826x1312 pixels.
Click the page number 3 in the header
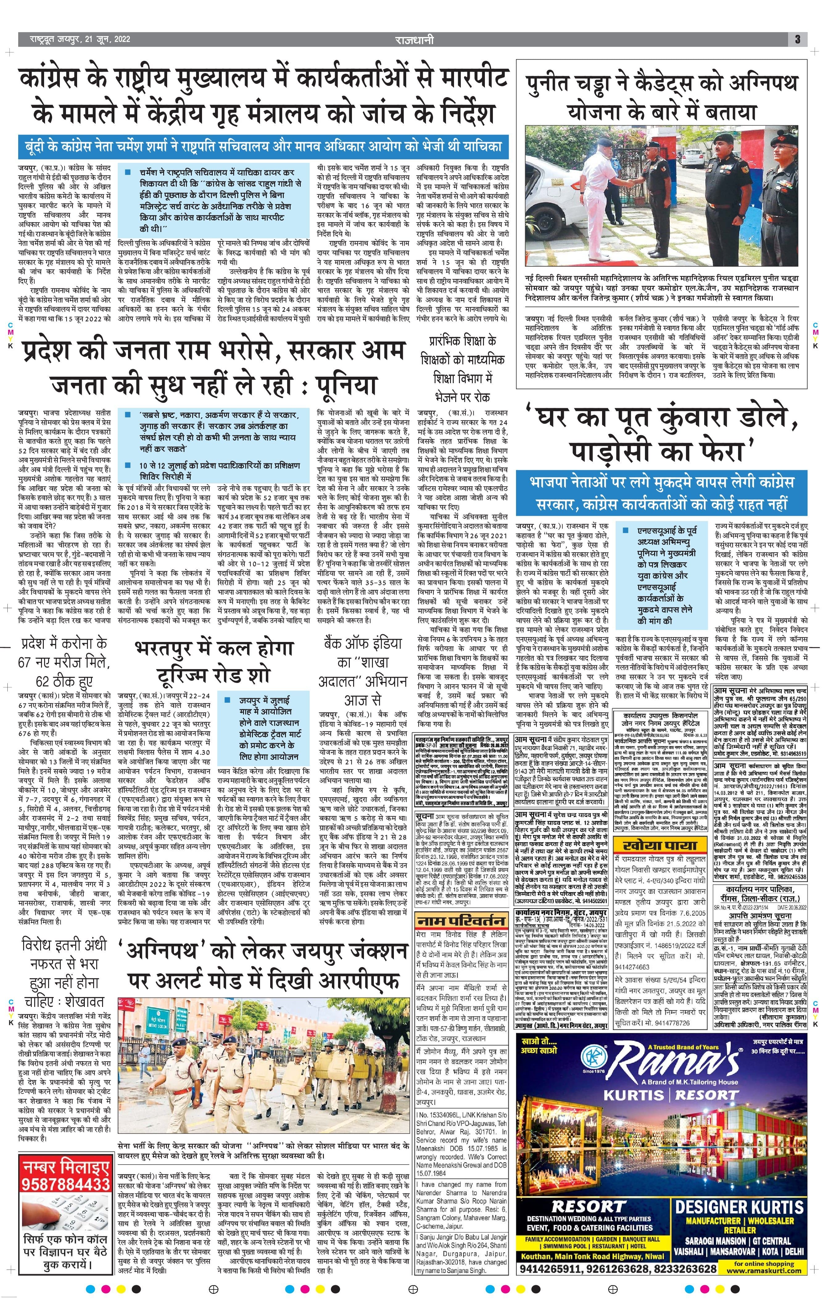click(x=797, y=39)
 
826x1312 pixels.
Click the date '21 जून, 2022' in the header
click(x=106, y=39)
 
